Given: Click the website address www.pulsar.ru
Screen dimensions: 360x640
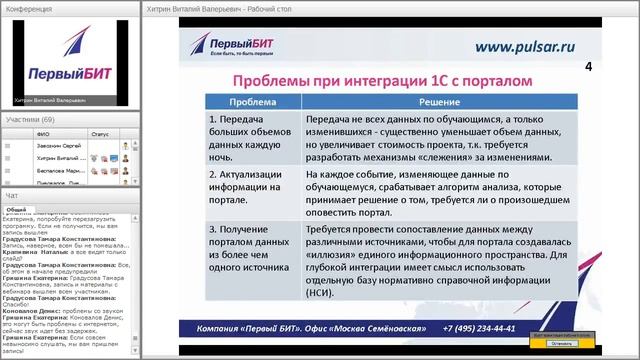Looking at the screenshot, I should point(524,45).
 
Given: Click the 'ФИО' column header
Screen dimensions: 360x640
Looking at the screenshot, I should point(42,132).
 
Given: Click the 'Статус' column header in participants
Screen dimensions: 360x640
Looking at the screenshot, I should point(100,132).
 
